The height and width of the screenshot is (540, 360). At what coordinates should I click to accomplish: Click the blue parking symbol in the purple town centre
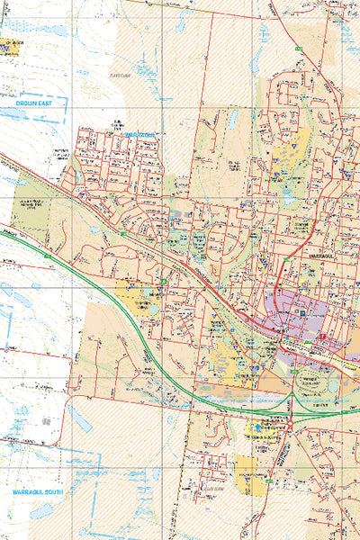click(301, 313)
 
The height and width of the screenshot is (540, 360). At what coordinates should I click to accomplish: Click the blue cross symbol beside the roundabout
click(261, 427)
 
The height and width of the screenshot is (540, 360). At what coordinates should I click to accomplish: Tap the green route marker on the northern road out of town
click(298, 47)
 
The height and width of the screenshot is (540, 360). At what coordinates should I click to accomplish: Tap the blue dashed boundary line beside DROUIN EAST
click(45, 94)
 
